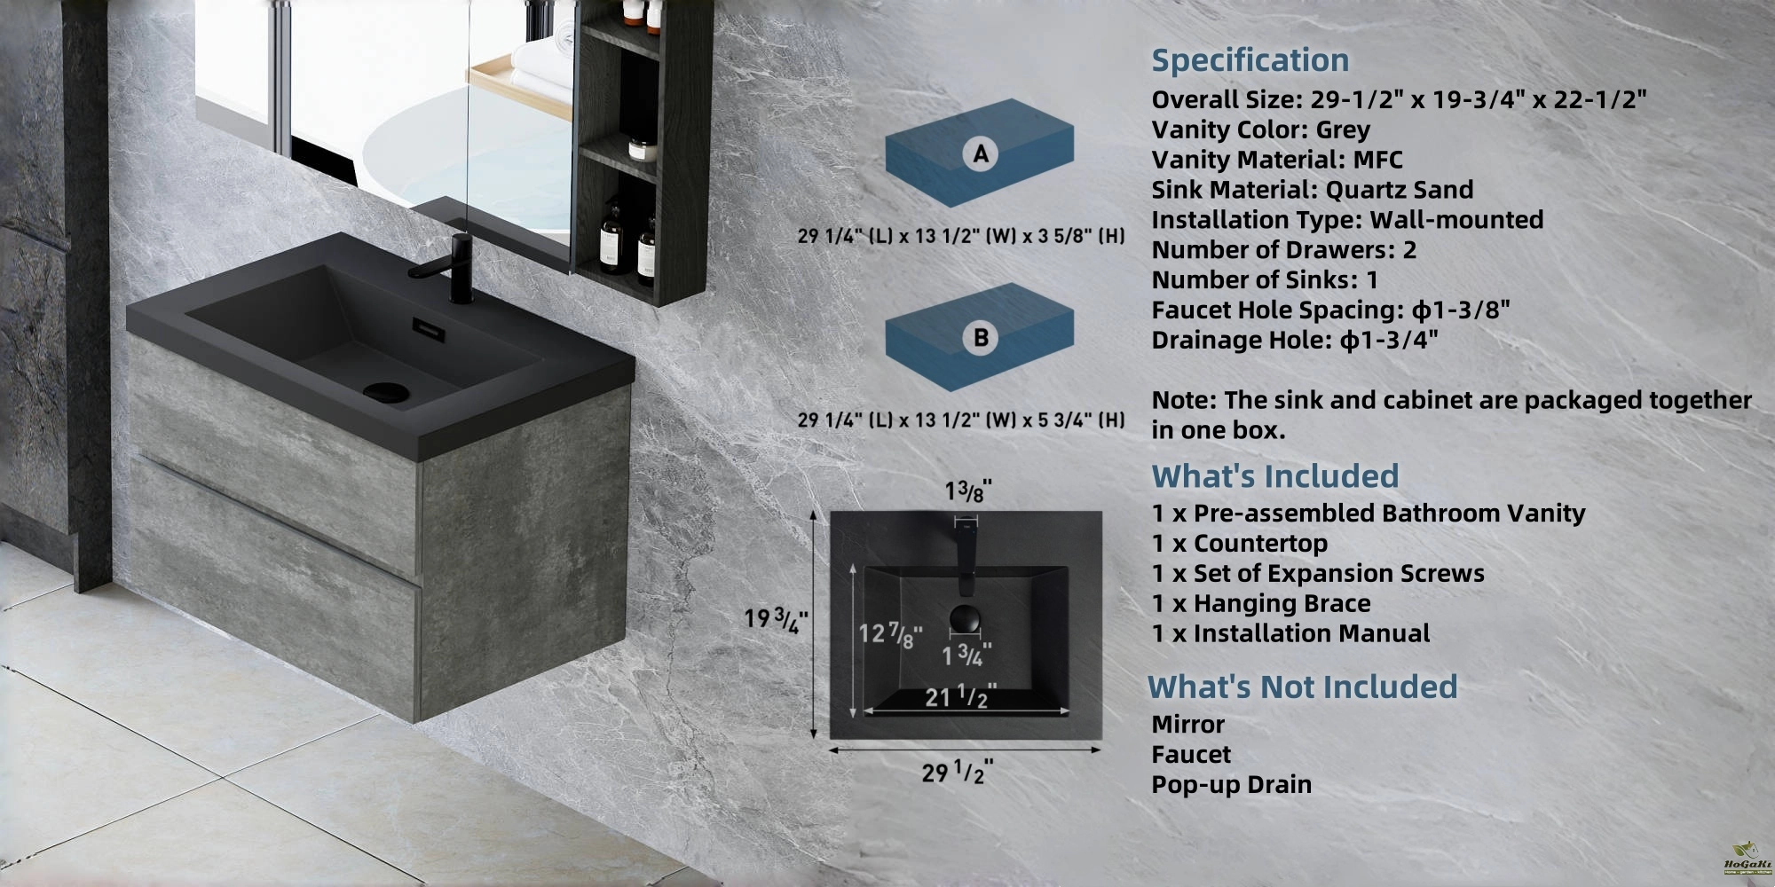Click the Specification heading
[1250, 60]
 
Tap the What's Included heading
[1274, 476]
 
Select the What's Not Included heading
[1302, 687]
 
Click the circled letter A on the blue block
[980, 154]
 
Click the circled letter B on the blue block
[980, 337]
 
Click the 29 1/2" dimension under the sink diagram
[957, 773]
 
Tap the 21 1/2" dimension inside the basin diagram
[960, 697]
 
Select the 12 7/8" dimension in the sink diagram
[890, 634]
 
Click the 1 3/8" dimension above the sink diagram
[967, 491]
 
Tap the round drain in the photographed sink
[385, 390]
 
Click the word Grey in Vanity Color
[1343, 130]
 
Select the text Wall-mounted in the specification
[1456, 220]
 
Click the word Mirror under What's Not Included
[1187, 725]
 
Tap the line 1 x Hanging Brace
[1261, 604]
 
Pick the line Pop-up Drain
[1231, 785]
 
